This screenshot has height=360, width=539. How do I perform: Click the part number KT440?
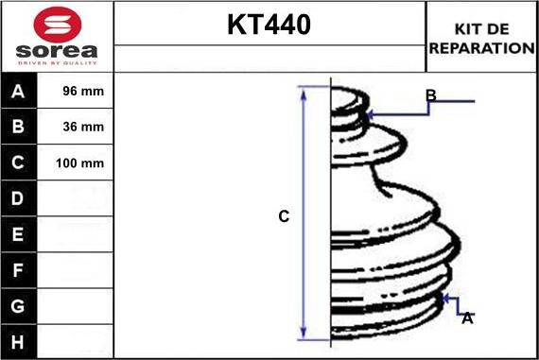tap(269, 26)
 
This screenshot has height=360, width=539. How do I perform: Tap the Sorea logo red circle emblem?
tap(57, 24)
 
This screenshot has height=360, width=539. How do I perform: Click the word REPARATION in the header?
tap(481, 47)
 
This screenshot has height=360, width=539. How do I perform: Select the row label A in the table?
tap(19, 92)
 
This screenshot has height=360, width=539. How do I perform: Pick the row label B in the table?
tap(19, 127)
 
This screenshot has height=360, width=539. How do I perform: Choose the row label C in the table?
tap(19, 163)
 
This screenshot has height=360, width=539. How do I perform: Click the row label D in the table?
tap(19, 198)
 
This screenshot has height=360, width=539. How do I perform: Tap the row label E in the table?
tap(19, 233)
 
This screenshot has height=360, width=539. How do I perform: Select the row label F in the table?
tap(19, 270)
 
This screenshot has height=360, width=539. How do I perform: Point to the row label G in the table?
tap(19, 305)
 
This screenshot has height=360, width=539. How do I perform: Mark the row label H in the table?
tap(19, 340)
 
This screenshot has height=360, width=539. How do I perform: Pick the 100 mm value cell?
tap(79, 163)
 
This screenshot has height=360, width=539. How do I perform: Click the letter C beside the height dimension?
tap(283, 216)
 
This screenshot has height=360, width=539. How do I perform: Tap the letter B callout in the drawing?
tap(430, 95)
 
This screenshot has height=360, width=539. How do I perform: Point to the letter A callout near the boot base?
tap(466, 318)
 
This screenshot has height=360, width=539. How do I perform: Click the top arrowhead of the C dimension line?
tap(304, 92)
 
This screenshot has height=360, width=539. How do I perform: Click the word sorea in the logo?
tap(57, 50)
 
